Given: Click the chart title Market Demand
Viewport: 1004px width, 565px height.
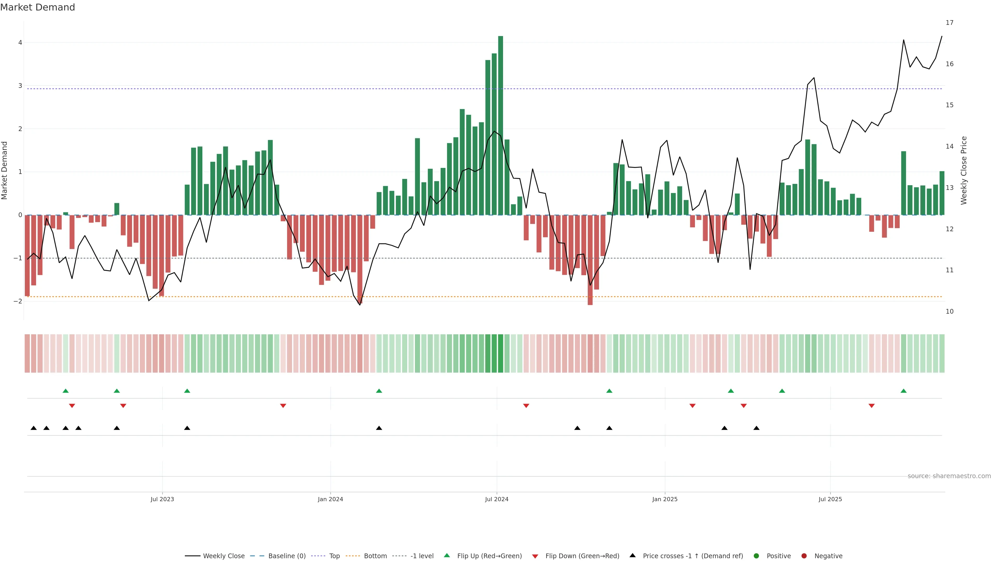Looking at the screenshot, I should (x=37, y=7).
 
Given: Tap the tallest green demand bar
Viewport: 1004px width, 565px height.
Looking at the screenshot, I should (x=500, y=125).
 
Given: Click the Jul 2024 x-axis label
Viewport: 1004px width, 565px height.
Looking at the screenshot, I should (x=497, y=499).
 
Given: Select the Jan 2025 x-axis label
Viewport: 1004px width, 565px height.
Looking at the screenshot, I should (x=665, y=499).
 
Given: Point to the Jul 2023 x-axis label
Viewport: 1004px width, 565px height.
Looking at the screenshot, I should (x=162, y=499).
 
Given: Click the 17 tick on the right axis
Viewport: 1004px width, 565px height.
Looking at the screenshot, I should (x=949, y=22).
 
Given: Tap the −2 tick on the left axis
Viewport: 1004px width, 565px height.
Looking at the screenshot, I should (x=18, y=301).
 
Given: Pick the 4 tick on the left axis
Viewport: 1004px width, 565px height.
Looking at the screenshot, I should (x=20, y=42).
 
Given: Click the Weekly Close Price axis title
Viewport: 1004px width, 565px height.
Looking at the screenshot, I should (x=963, y=170).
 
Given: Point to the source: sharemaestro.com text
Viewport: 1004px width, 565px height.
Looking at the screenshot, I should (x=949, y=476).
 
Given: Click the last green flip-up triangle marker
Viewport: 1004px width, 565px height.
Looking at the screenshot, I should (x=903, y=391).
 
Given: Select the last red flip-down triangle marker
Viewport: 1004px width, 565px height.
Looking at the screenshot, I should (x=871, y=406).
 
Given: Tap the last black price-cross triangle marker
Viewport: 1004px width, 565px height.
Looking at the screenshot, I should (x=756, y=428).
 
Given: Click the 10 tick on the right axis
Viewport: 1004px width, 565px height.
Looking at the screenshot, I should (x=949, y=311).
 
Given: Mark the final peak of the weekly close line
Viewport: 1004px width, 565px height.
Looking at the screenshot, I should (x=942, y=36).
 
